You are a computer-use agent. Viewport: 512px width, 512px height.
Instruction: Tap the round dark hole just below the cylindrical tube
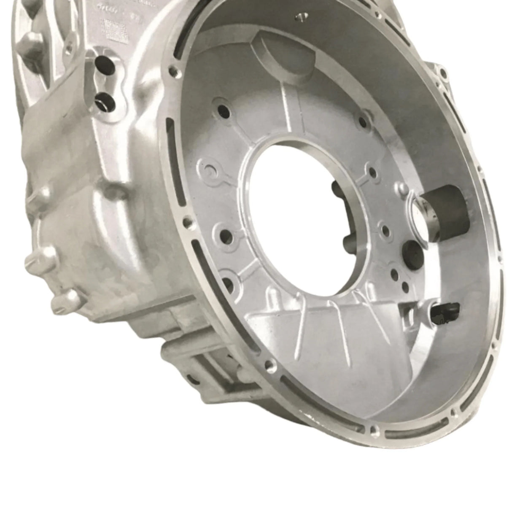[414, 253]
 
